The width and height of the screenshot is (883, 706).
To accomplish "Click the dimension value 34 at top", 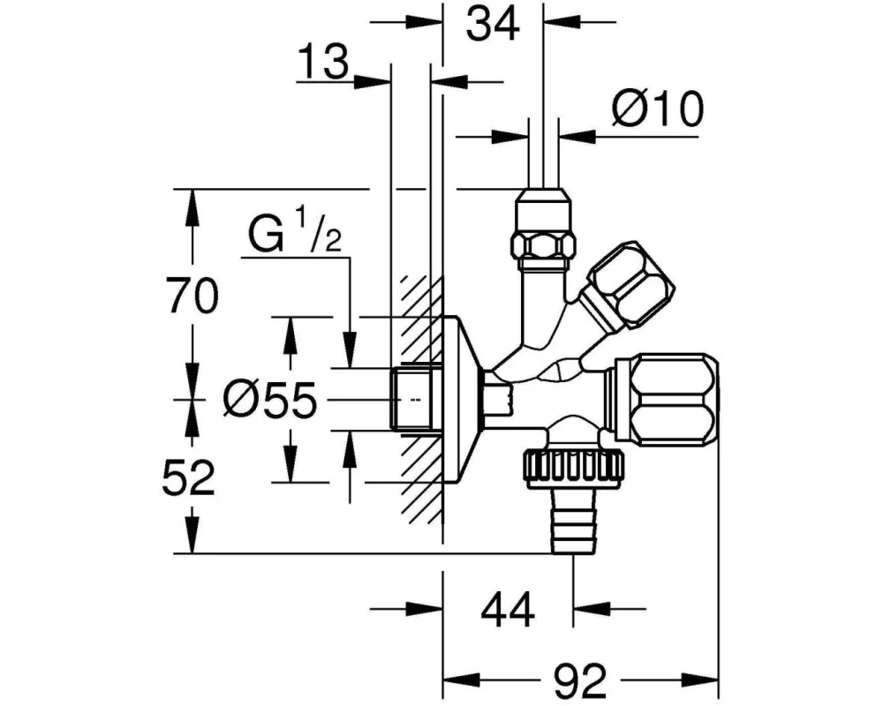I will pyautogui.click(x=492, y=24).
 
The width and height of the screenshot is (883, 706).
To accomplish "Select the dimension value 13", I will pyautogui.click(x=322, y=64).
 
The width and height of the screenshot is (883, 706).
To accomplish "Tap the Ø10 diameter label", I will pyautogui.click(x=657, y=110).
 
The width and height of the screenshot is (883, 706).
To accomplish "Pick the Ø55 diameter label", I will pyautogui.click(x=268, y=402).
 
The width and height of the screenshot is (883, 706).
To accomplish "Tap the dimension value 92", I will pyautogui.click(x=581, y=680).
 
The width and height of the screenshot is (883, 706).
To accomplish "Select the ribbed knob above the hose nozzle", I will pyautogui.click(x=574, y=465).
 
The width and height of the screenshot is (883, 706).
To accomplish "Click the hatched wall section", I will pyautogui.click(x=420, y=494).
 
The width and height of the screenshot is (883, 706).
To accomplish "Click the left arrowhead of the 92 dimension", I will pyautogui.click(x=452, y=680).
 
